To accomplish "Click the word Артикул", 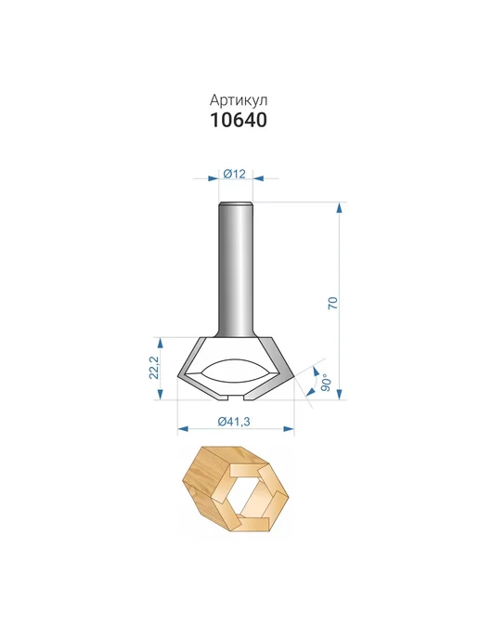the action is (x=239, y=100).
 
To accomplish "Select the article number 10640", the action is (x=239, y=120).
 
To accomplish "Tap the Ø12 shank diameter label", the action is (x=235, y=174).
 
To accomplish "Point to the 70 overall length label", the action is (x=333, y=303).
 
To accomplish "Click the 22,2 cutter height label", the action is (x=153, y=368).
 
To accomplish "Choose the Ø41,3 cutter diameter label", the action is (x=234, y=422).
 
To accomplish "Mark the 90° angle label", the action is (x=326, y=383).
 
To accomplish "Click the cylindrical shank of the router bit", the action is (x=236, y=269).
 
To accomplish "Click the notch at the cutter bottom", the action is (x=236, y=397).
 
